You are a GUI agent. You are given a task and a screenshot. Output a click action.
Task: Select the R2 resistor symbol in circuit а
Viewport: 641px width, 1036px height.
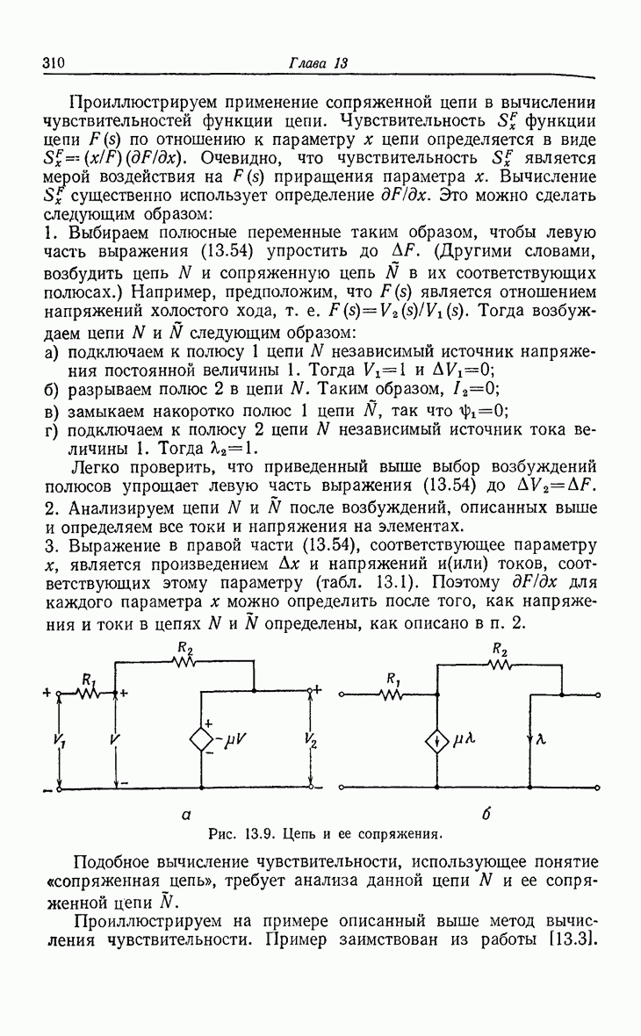click(185, 662)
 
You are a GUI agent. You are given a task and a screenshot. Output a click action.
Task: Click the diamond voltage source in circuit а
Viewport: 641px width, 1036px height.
click(203, 738)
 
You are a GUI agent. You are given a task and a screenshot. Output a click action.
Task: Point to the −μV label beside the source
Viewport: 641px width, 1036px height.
click(233, 739)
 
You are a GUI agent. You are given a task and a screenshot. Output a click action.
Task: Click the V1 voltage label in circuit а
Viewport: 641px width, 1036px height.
click(59, 740)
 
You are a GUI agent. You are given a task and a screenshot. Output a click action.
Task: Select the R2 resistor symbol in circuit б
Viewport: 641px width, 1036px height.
click(500, 663)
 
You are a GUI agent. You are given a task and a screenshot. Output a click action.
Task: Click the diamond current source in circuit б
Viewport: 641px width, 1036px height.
click(437, 740)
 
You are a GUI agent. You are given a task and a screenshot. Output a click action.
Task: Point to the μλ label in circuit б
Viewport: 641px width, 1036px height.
click(465, 740)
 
